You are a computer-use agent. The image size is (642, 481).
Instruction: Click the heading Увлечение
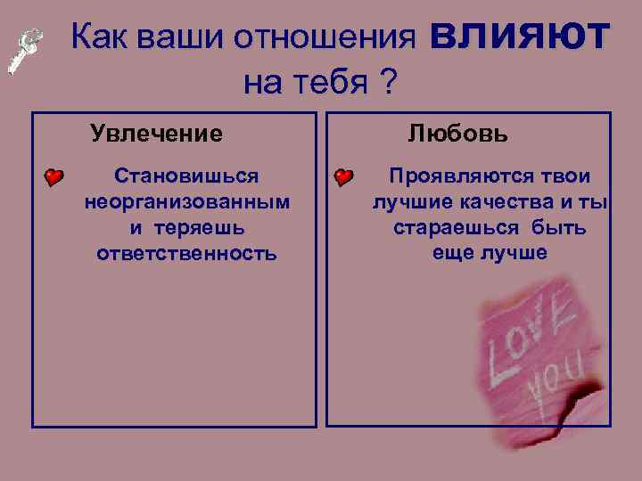(x=157, y=135)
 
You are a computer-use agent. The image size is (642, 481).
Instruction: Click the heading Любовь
(x=458, y=135)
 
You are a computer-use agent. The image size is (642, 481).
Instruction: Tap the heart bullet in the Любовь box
(x=344, y=177)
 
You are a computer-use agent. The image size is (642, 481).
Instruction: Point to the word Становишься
(x=187, y=176)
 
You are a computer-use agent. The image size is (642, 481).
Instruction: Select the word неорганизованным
(x=187, y=202)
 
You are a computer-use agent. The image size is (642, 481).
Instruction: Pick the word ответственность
(x=187, y=254)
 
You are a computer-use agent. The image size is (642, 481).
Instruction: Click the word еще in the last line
(x=453, y=254)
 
